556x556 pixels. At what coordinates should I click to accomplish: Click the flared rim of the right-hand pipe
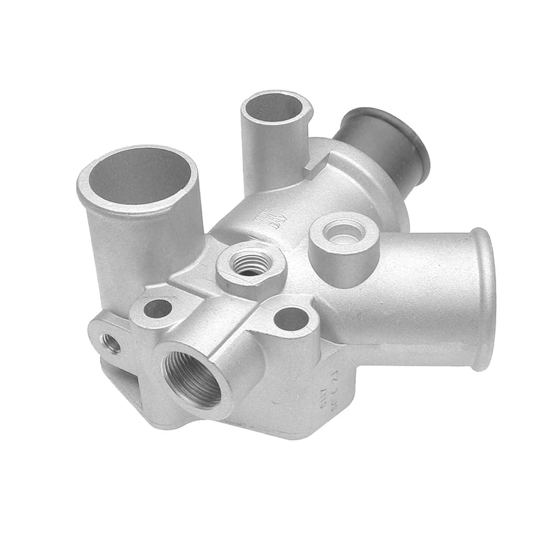point(484,299)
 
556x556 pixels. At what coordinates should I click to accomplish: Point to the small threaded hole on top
point(250,263)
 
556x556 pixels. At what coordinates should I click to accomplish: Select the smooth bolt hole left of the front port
point(158,308)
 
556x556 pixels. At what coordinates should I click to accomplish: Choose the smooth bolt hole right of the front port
point(291,319)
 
